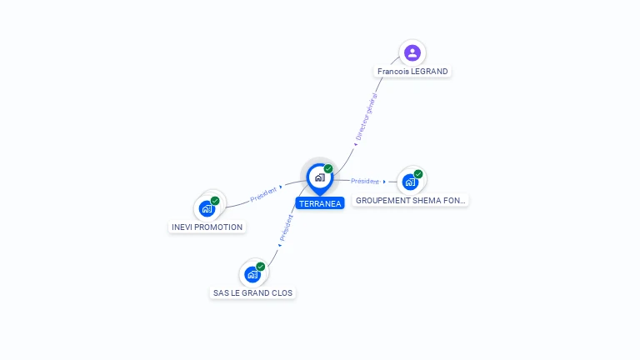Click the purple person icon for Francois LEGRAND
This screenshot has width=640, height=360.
tap(412, 52)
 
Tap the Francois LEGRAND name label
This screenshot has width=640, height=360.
tap(412, 72)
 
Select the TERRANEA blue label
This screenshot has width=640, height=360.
tap(320, 203)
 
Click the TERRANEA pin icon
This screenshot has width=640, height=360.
tap(320, 179)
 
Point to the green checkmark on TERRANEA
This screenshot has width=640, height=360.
tap(328, 168)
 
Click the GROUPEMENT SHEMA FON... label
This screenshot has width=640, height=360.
tap(410, 200)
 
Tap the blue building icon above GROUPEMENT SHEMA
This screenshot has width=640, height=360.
tap(410, 182)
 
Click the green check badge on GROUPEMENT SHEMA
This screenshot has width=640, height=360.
tap(418, 174)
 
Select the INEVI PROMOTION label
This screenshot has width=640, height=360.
tap(207, 227)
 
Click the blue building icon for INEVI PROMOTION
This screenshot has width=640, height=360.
tap(207, 208)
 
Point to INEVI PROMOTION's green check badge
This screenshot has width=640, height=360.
tap(215, 201)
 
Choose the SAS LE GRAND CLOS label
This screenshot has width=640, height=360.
tap(252, 293)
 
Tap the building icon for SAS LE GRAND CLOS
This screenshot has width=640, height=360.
tap(252, 274)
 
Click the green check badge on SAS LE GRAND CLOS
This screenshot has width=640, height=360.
tap(260, 267)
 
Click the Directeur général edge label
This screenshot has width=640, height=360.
tap(366, 117)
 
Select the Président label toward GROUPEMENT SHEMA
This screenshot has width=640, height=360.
tap(365, 181)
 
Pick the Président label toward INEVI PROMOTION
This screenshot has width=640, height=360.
tap(263, 194)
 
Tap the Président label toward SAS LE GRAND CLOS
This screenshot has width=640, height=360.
tap(286, 227)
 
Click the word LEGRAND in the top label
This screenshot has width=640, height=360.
tap(430, 72)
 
